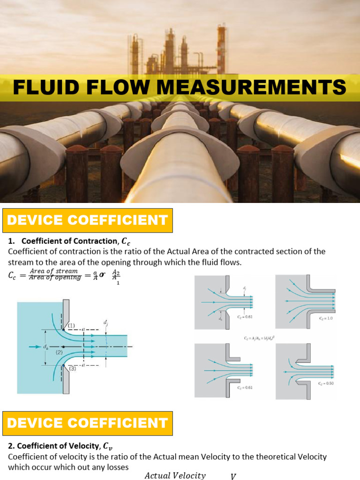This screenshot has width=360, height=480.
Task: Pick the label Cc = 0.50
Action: point(326,383)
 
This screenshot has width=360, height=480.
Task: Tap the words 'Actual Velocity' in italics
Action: point(175,475)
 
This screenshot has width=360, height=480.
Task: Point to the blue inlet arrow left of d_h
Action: point(34,346)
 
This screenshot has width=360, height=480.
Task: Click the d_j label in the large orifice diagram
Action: point(105,322)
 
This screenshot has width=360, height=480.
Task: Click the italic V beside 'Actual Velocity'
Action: point(233,476)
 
